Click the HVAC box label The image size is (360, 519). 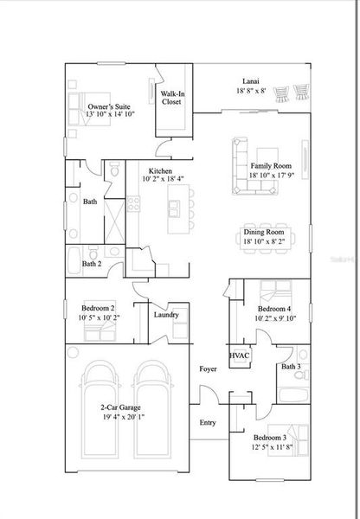240,356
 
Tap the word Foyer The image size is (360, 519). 208,368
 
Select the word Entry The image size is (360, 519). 209,422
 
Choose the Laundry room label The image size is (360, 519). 166,314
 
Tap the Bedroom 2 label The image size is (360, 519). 98,308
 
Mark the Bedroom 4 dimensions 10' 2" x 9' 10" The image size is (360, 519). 276,317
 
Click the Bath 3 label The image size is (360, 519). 292,367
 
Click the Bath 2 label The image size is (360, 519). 93,263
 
